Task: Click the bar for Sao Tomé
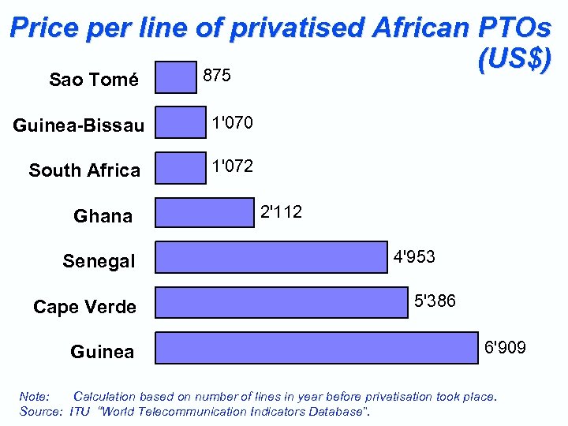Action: click(x=175, y=78)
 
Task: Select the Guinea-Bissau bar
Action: click(x=180, y=123)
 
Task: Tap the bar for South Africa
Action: click(x=180, y=168)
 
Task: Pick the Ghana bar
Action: click(x=204, y=213)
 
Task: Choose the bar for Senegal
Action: click(x=271, y=258)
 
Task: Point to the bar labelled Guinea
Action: click(x=316, y=348)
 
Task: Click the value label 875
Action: click(x=217, y=76)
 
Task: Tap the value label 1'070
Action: click(x=231, y=122)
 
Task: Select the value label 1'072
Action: click(x=231, y=166)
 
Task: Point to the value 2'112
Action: click(x=281, y=211)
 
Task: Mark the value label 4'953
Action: click(x=414, y=257)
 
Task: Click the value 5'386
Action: click(x=435, y=301)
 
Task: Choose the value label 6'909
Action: click(x=506, y=348)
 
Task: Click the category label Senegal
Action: click(x=99, y=261)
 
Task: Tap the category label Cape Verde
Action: click(x=84, y=307)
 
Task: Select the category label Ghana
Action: click(x=103, y=216)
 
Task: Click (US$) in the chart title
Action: click(x=514, y=59)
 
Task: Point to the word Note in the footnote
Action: click(x=34, y=396)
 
